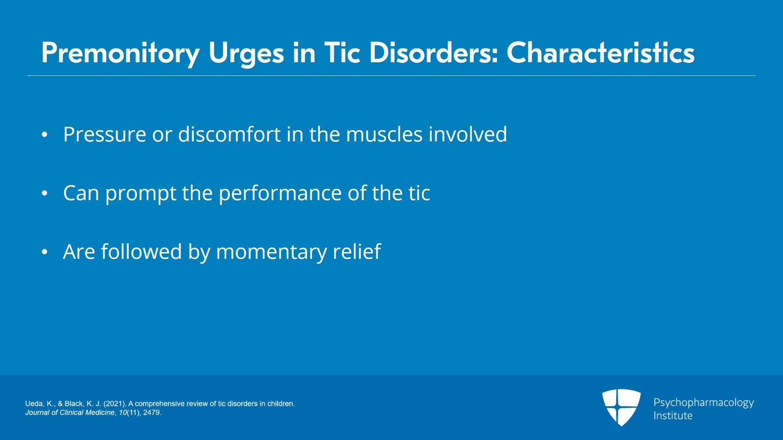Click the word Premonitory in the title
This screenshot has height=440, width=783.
tap(120, 54)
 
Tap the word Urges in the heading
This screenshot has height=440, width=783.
tap(247, 54)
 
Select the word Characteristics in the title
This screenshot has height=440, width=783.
tap(600, 53)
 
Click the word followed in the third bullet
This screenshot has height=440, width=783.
tap(141, 251)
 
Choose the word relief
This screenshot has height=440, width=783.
tap(357, 251)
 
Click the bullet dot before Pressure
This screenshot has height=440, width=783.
tap(45, 135)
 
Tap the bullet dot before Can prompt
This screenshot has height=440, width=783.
tap(45, 193)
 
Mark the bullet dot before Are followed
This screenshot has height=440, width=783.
tap(45, 252)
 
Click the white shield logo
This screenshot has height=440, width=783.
tap(621, 408)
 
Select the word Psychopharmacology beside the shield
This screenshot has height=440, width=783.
tap(704, 403)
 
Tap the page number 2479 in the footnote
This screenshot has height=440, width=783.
tap(151, 413)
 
